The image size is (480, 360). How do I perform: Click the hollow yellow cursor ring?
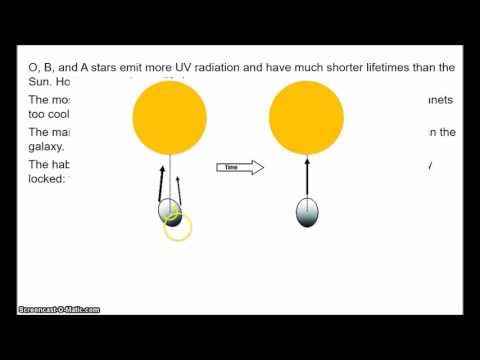click(x=177, y=227)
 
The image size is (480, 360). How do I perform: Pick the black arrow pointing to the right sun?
click(x=308, y=176)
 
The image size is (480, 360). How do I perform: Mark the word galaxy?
click(x=47, y=146)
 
